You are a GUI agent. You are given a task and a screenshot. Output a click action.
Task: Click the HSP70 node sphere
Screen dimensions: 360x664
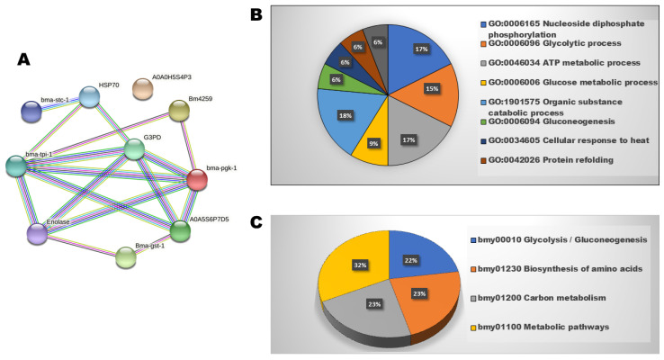click(90, 97)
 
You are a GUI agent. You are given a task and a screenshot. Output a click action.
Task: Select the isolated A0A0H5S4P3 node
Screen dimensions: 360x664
click(142, 88)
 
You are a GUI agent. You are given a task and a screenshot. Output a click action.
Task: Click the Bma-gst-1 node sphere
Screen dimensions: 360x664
click(126, 257)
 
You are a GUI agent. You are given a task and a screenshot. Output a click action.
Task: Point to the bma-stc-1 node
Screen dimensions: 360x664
click(31, 112)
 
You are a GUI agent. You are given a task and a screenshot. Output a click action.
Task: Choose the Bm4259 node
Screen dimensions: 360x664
click(180, 111)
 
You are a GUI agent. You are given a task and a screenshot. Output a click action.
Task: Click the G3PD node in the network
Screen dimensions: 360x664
click(134, 149)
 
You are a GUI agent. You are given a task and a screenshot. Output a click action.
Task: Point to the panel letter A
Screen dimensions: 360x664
click(26, 60)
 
